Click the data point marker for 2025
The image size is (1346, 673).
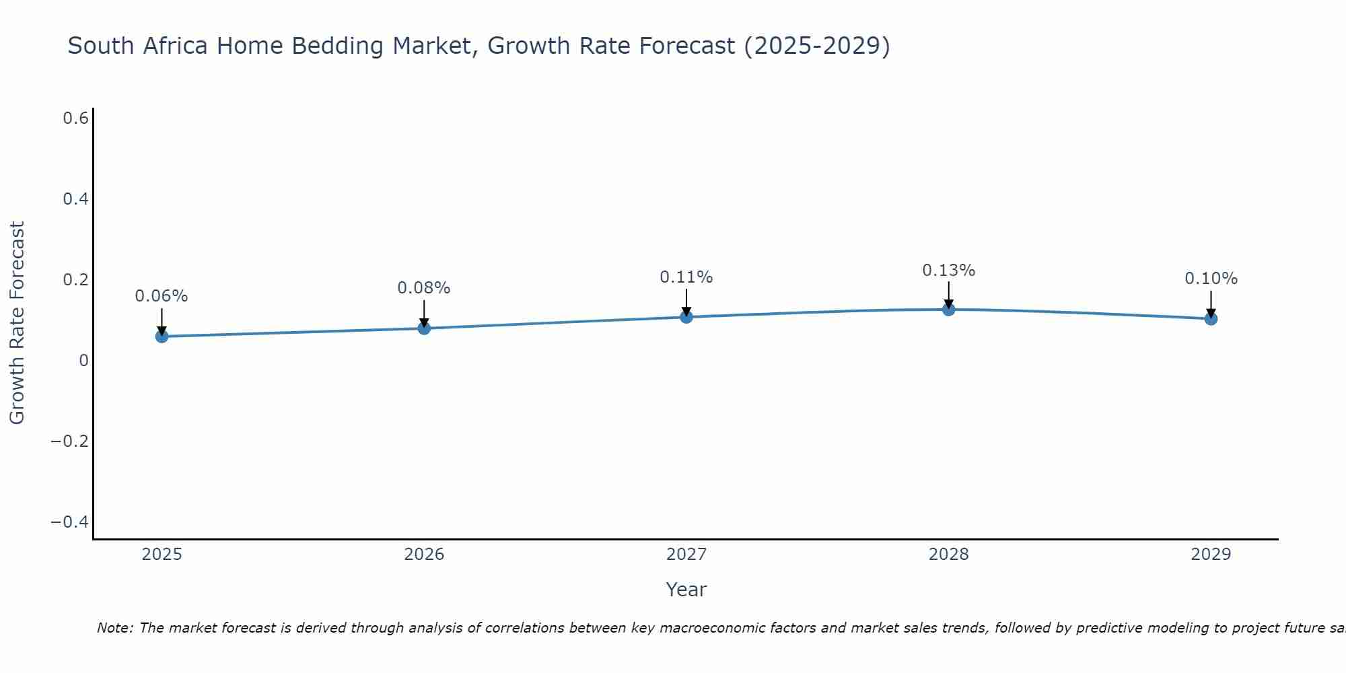(162, 336)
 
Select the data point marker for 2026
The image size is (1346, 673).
(424, 328)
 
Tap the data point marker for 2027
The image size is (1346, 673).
(686, 316)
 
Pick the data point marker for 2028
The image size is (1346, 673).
(948, 310)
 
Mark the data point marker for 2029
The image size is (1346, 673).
(1211, 318)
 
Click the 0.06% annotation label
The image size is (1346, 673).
(162, 296)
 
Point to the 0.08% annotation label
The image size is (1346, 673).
(424, 288)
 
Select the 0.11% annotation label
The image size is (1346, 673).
(686, 277)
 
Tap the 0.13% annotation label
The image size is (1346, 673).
(948, 271)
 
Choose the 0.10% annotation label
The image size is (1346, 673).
(1211, 279)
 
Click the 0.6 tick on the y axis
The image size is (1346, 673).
(76, 118)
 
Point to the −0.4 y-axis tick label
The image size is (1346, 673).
(70, 522)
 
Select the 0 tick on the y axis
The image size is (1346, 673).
(83, 361)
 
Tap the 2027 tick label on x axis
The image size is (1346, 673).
(686, 555)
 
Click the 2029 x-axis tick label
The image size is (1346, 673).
(1211, 555)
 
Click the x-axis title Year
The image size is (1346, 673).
(686, 590)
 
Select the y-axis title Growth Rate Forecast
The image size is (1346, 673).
(17, 323)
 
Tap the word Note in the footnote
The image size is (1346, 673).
(114, 628)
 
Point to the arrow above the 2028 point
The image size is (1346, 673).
(948, 295)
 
